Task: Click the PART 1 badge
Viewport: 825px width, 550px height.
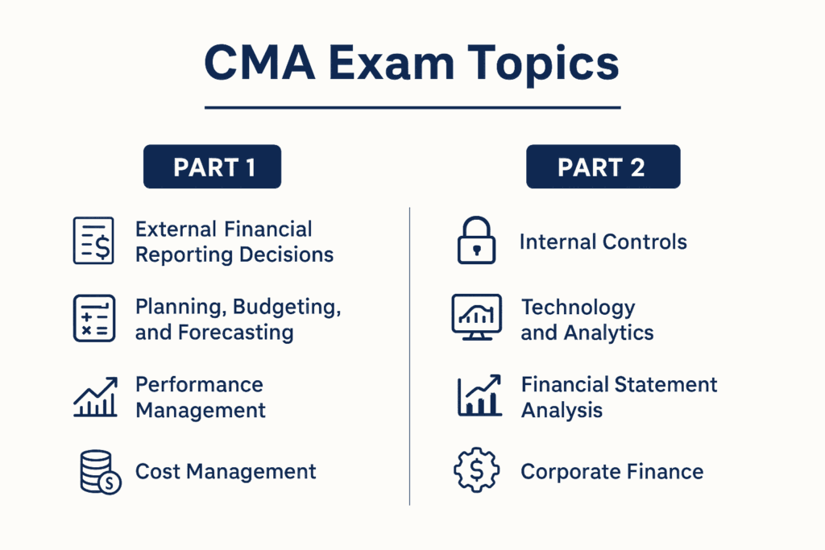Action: pyautogui.click(x=213, y=167)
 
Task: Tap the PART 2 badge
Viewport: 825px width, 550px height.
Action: pyautogui.click(x=603, y=167)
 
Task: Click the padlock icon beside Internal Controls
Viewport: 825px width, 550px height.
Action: pyautogui.click(x=477, y=241)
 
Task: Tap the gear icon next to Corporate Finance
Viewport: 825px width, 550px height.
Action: pyautogui.click(x=477, y=472)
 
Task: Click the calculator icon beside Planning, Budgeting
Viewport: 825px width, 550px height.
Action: pyautogui.click(x=93, y=317)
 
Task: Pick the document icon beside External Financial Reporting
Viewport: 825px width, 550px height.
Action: pyautogui.click(x=93, y=240)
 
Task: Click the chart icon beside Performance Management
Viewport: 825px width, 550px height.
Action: pyautogui.click(x=95, y=396)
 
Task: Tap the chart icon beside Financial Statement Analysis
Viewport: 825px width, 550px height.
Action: pyautogui.click(x=479, y=396)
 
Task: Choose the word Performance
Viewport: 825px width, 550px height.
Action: pyautogui.click(x=199, y=385)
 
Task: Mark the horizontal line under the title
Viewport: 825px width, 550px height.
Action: pyautogui.click(x=412, y=107)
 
